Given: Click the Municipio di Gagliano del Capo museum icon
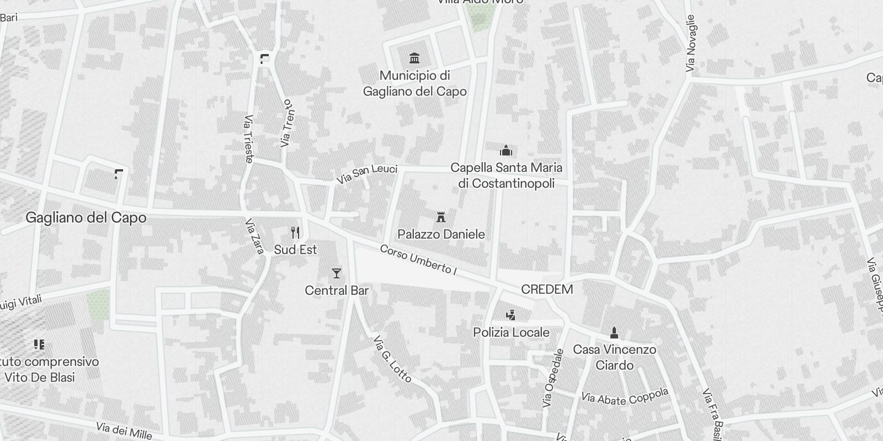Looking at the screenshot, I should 414,58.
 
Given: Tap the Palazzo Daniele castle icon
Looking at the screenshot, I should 440,217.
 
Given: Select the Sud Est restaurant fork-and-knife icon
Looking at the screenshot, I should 295,233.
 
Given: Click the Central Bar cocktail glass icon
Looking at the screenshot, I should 336,273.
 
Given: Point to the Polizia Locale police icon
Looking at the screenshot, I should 511,315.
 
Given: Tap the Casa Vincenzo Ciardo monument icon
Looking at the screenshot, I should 614,332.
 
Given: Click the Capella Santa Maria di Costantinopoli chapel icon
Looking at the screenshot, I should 506,150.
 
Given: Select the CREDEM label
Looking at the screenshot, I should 547,289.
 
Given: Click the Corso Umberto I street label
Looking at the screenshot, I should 419,260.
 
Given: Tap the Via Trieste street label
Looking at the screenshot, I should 248,139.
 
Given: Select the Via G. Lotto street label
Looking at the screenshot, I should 392,359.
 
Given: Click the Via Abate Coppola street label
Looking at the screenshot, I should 625,396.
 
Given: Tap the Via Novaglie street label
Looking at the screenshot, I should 690,43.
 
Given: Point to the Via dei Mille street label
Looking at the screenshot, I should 124,430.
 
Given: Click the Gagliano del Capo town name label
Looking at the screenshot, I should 86,218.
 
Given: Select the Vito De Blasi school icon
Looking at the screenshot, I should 39,345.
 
